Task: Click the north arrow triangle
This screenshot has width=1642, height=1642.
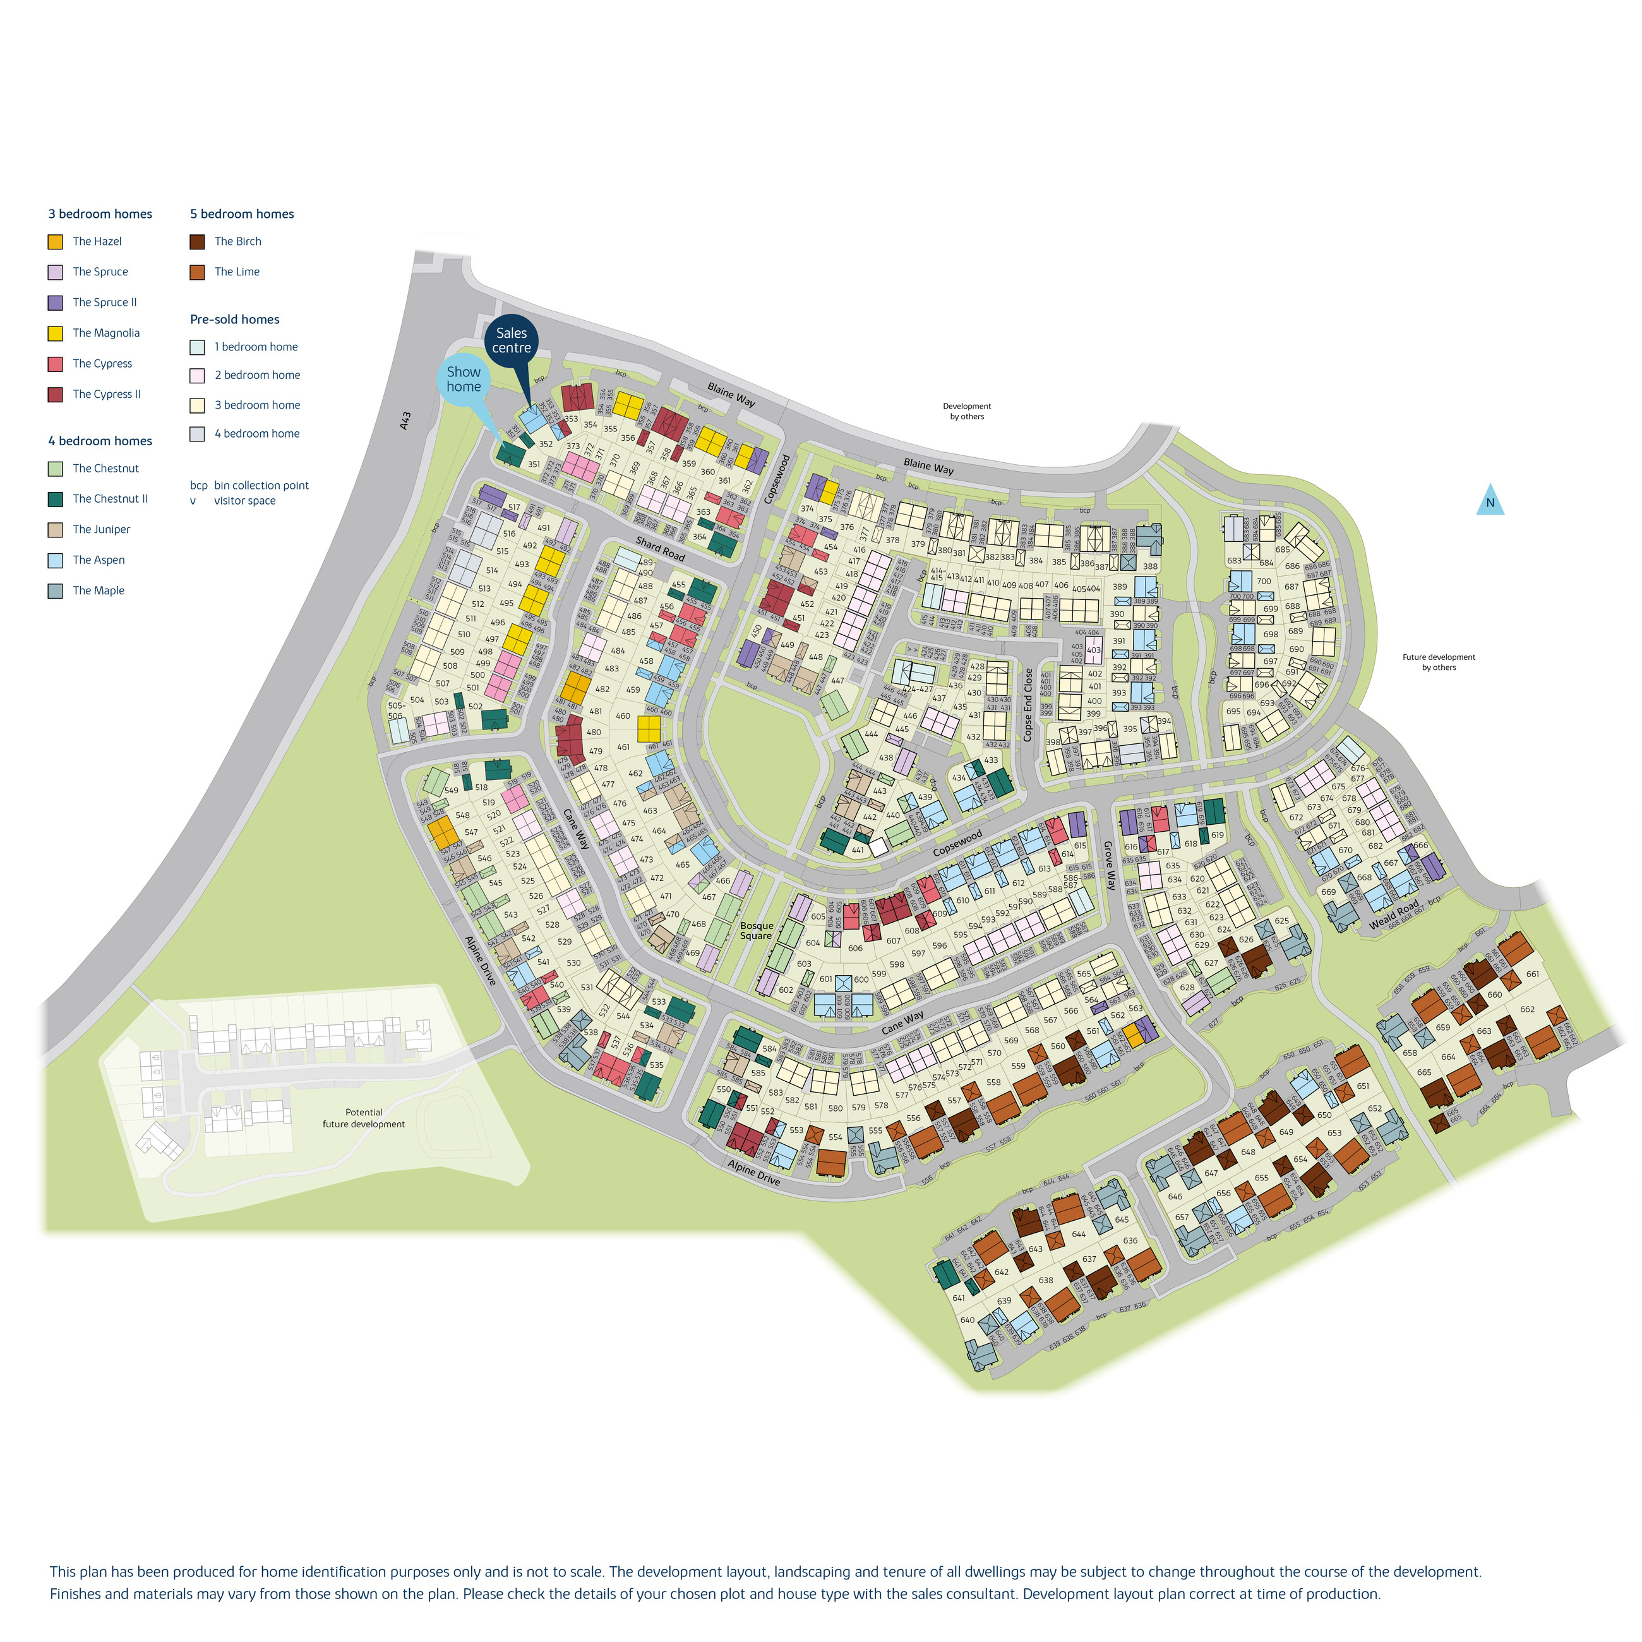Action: (1490, 501)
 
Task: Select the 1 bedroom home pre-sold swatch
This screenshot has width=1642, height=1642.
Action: (197, 347)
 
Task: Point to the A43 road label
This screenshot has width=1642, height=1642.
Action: (405, 420)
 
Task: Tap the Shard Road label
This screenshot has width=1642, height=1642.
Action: (659, 548)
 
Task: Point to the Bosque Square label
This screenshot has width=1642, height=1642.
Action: (757, 931)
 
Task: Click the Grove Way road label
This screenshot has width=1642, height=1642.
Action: (1109, 865)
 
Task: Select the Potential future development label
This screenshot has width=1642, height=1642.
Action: (364, 1118)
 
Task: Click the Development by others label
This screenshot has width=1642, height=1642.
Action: (966, 411)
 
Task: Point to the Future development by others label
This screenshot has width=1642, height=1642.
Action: (1438, 662)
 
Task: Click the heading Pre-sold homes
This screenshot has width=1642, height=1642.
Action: (234, 320)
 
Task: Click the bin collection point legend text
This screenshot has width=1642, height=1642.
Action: (261, 485)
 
